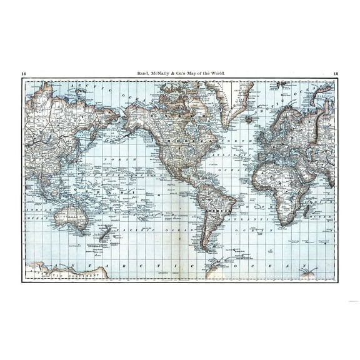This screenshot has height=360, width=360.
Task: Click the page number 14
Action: [x=24, y=74]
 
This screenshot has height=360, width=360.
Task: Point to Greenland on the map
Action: [x=237, y=100]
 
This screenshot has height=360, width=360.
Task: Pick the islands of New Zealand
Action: [x=105, y=234]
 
